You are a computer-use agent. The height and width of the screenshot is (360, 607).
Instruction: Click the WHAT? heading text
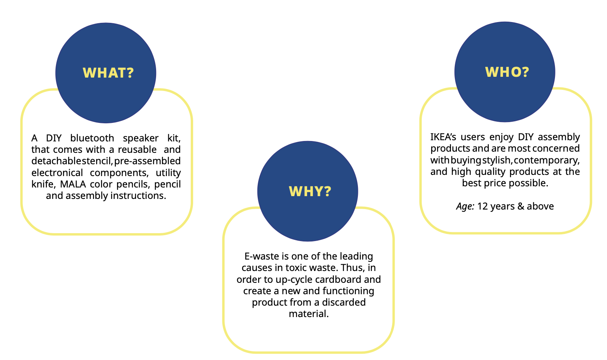tap(108, 73)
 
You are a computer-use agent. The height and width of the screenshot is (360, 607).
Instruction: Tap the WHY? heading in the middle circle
tap(310, 191)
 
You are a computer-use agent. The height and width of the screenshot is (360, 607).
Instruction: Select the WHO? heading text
tap(507, 72)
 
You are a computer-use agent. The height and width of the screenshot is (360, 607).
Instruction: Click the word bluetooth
tap(92, 138)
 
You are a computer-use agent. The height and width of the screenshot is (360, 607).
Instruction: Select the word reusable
tap(137, 150)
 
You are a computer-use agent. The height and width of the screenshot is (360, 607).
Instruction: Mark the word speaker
tap(141, 138)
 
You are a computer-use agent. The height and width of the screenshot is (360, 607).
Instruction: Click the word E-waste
tap(262, 256)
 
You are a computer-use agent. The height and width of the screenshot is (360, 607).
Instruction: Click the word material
tap(309, 314)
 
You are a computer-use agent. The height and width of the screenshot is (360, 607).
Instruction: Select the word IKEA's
tap(443, 137)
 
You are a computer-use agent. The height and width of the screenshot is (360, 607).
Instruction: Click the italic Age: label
tap(465, 206)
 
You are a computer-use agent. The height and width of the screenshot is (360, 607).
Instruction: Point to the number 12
tap(482, 206)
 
